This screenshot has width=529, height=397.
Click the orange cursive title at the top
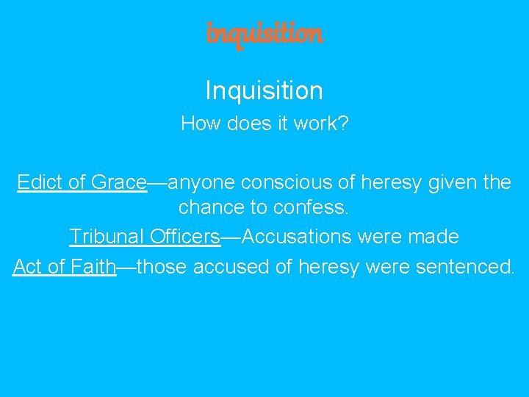coord(264,33)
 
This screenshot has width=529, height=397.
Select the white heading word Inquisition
coord(264,90)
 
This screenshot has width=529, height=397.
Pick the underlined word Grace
coord(119,182)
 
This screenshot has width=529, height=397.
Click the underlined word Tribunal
coord(107,237)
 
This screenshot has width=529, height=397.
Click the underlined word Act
coord(26,266)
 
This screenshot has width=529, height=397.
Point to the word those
coord(162,266)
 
